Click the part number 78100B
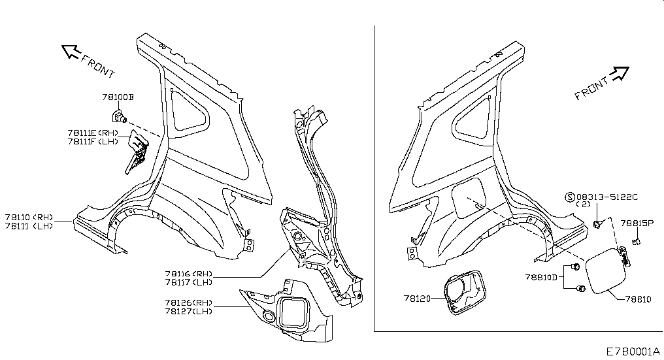coord(118,97)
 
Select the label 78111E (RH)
coord(93,133)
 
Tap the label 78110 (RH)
coord(29,218)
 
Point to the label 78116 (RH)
coord(189,274)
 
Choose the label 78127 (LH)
coord(189,311)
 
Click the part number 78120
coord(417,299)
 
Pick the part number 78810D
coord(541,278)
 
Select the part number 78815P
coord(637,223)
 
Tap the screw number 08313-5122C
coord(607,197)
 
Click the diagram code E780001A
coord(633,352)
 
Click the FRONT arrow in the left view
coord(71,51)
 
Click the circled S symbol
coord(571,197)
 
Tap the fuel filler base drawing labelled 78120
coord(465,293)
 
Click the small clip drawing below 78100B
coord(120,115)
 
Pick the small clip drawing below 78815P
coord(636,241)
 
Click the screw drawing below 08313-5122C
coord(598,224)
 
